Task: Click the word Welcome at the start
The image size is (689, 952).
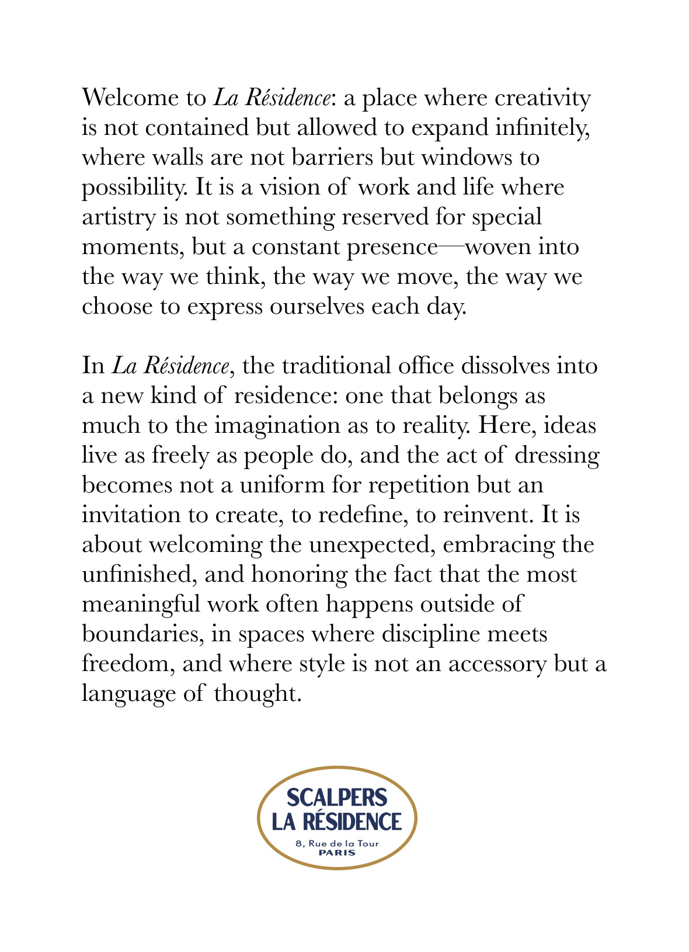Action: tap(126, 98)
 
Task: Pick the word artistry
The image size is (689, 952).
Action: tap(117, 217)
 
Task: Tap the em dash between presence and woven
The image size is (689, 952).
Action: tap(451, 247)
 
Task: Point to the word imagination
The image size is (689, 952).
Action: tap(277, 426)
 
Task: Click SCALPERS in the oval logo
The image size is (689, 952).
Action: tap(337, 798)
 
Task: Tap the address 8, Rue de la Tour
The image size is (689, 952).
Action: tap(337, 843)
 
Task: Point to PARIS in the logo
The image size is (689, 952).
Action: tap(337, 852)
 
